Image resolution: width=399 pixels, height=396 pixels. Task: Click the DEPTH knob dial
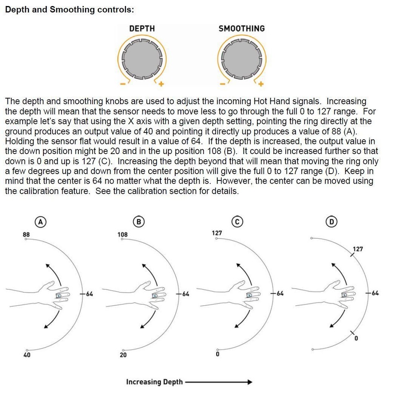pyautogui.click(x=142, y=58)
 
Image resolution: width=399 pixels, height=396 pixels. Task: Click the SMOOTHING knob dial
pyautogui.click(x=242, y=58)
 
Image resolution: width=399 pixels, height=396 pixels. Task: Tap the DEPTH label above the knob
pyautogui.click(x=142, y=28)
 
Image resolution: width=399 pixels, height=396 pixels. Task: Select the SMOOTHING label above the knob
pyautogui.click(x=241, y=28)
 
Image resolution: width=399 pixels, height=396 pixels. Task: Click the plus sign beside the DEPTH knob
pyautogui.click(x=161, y=84)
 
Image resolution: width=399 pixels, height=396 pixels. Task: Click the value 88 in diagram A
pyautogui.click(x=26, y=234)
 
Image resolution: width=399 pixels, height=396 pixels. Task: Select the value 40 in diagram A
pyautogui.click(x=27, y=355)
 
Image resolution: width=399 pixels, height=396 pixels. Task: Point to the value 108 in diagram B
pyautogui.click(x=122, y=234)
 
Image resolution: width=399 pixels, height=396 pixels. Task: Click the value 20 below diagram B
pyautogui.click(x=123, y=355)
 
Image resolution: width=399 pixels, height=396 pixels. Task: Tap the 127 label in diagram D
pyautogui.click(x=358, y=249)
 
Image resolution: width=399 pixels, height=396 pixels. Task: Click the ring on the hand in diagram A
pyautogui.click(x=59, y=296)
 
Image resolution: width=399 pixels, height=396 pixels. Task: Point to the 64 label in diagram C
pyautogui.click(x=279, y=294)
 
